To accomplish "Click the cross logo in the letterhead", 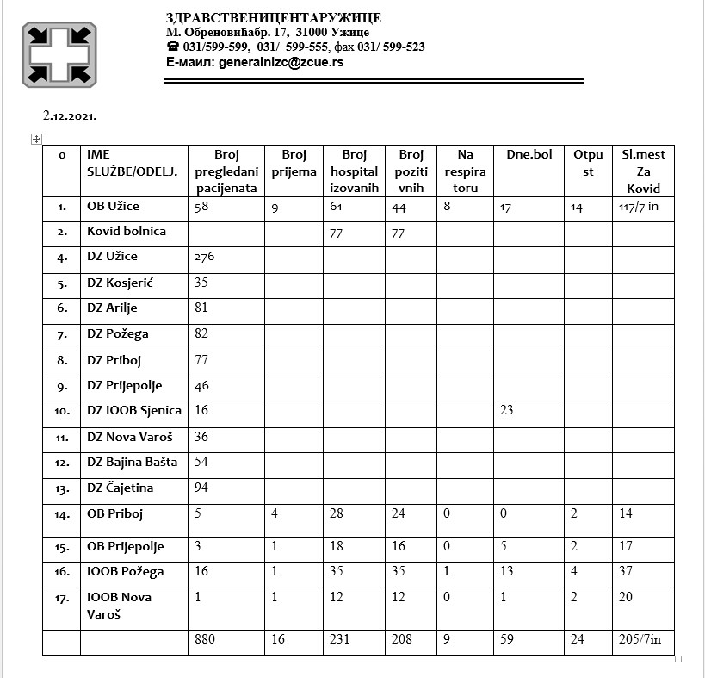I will (59, 53).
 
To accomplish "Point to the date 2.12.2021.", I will (70, 115).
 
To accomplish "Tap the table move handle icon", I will (36, 139).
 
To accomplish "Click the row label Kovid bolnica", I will (126, 231).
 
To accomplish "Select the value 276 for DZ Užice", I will (204, 257).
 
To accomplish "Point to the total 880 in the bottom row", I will (205, 639).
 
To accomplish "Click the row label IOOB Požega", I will (125, 570).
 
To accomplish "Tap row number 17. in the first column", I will (62, 597).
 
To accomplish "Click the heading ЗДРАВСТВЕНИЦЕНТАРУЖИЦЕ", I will (273, 18).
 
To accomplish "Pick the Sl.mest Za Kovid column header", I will (642, 171).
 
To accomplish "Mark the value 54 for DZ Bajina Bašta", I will (202, 462).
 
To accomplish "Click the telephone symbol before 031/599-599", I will (172, 47).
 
